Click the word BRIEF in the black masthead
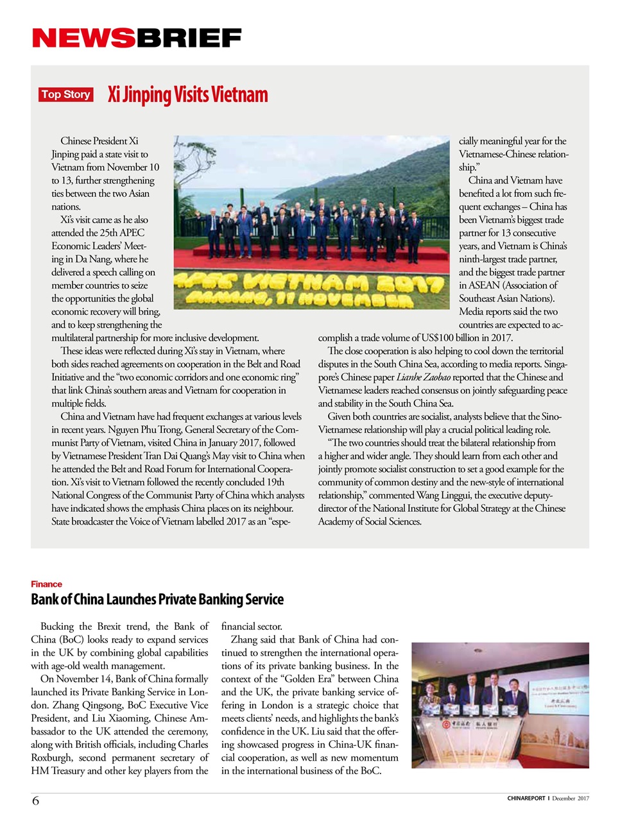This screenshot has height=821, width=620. (x=189, y=38)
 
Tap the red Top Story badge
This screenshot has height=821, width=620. (x=65, y=95)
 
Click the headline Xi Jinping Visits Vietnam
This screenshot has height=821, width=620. (x=187, y=95)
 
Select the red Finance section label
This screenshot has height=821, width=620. (x=46, y=584)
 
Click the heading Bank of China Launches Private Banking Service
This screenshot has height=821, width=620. (x=157, y=600)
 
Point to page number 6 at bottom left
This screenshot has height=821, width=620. (x=35, y=800)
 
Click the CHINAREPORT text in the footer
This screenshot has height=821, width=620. (x=526, y=799)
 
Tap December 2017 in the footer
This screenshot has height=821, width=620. (x=571, y=799)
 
